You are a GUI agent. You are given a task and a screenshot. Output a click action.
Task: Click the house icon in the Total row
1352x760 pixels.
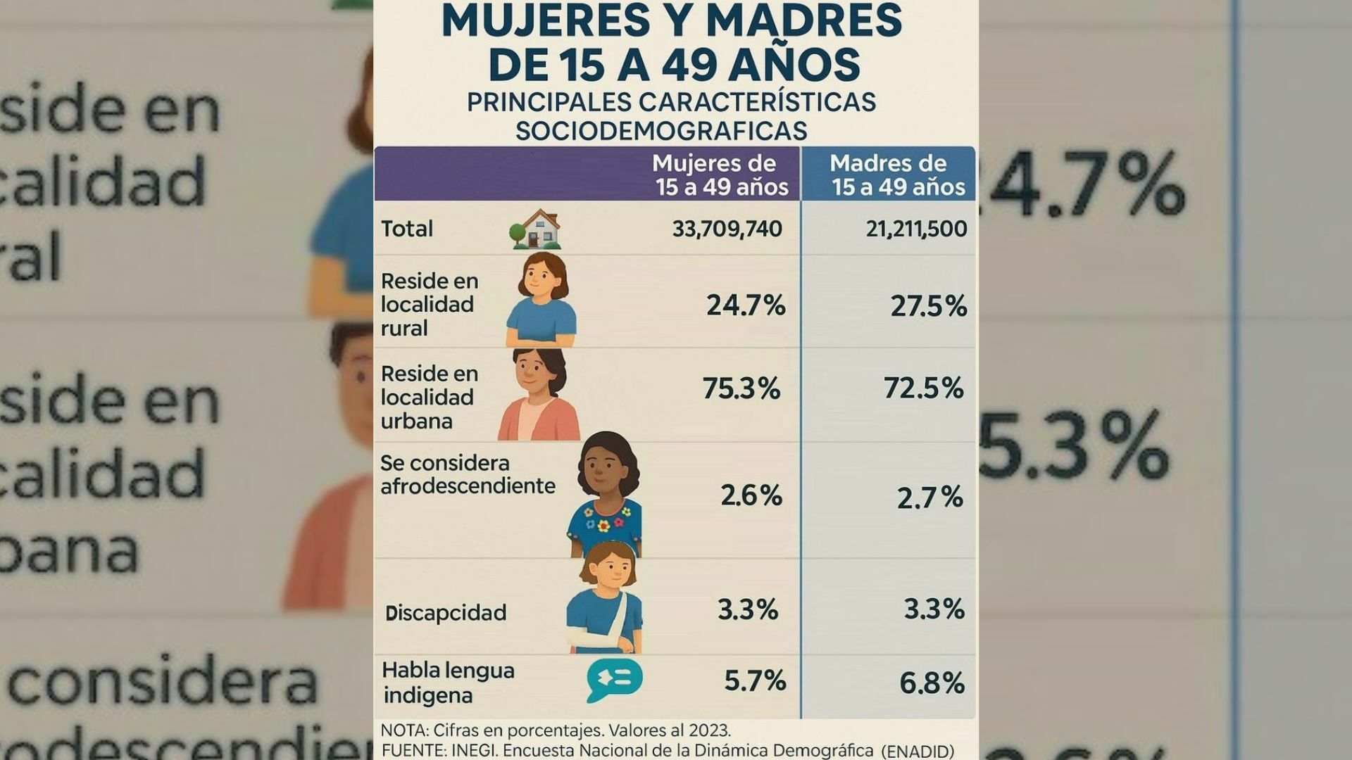point(537,229)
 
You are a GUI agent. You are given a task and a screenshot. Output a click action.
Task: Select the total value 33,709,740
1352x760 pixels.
point(727,229)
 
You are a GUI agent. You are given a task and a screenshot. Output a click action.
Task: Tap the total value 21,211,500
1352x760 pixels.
point(916,229)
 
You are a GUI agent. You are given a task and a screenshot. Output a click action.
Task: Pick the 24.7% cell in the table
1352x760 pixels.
point(746,305)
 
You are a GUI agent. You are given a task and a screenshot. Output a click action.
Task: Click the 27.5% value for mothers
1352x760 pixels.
point(928,306)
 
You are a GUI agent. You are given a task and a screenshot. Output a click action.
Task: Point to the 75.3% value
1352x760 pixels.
point(741,388)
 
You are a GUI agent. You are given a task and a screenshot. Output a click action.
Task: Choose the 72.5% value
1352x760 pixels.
point(923,388)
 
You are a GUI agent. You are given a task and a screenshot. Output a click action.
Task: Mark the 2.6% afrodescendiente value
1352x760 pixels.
point(751,495)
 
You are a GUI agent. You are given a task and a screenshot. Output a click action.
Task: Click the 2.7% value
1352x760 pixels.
point(930,498)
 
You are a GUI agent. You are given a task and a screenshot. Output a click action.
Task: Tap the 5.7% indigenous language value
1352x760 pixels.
point(755,680)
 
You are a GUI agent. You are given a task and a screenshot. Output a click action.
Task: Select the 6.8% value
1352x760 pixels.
point(932,683)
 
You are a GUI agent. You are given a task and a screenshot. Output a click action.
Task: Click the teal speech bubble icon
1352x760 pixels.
point(614,680)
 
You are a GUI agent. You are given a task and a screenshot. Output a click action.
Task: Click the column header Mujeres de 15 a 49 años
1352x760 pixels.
point(720,175)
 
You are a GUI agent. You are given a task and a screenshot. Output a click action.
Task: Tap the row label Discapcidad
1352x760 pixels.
point(446,613)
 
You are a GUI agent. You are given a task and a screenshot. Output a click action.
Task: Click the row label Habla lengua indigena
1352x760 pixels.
point(448,683)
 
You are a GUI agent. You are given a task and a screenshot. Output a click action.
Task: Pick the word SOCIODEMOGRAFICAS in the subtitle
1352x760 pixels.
point(661,131)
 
